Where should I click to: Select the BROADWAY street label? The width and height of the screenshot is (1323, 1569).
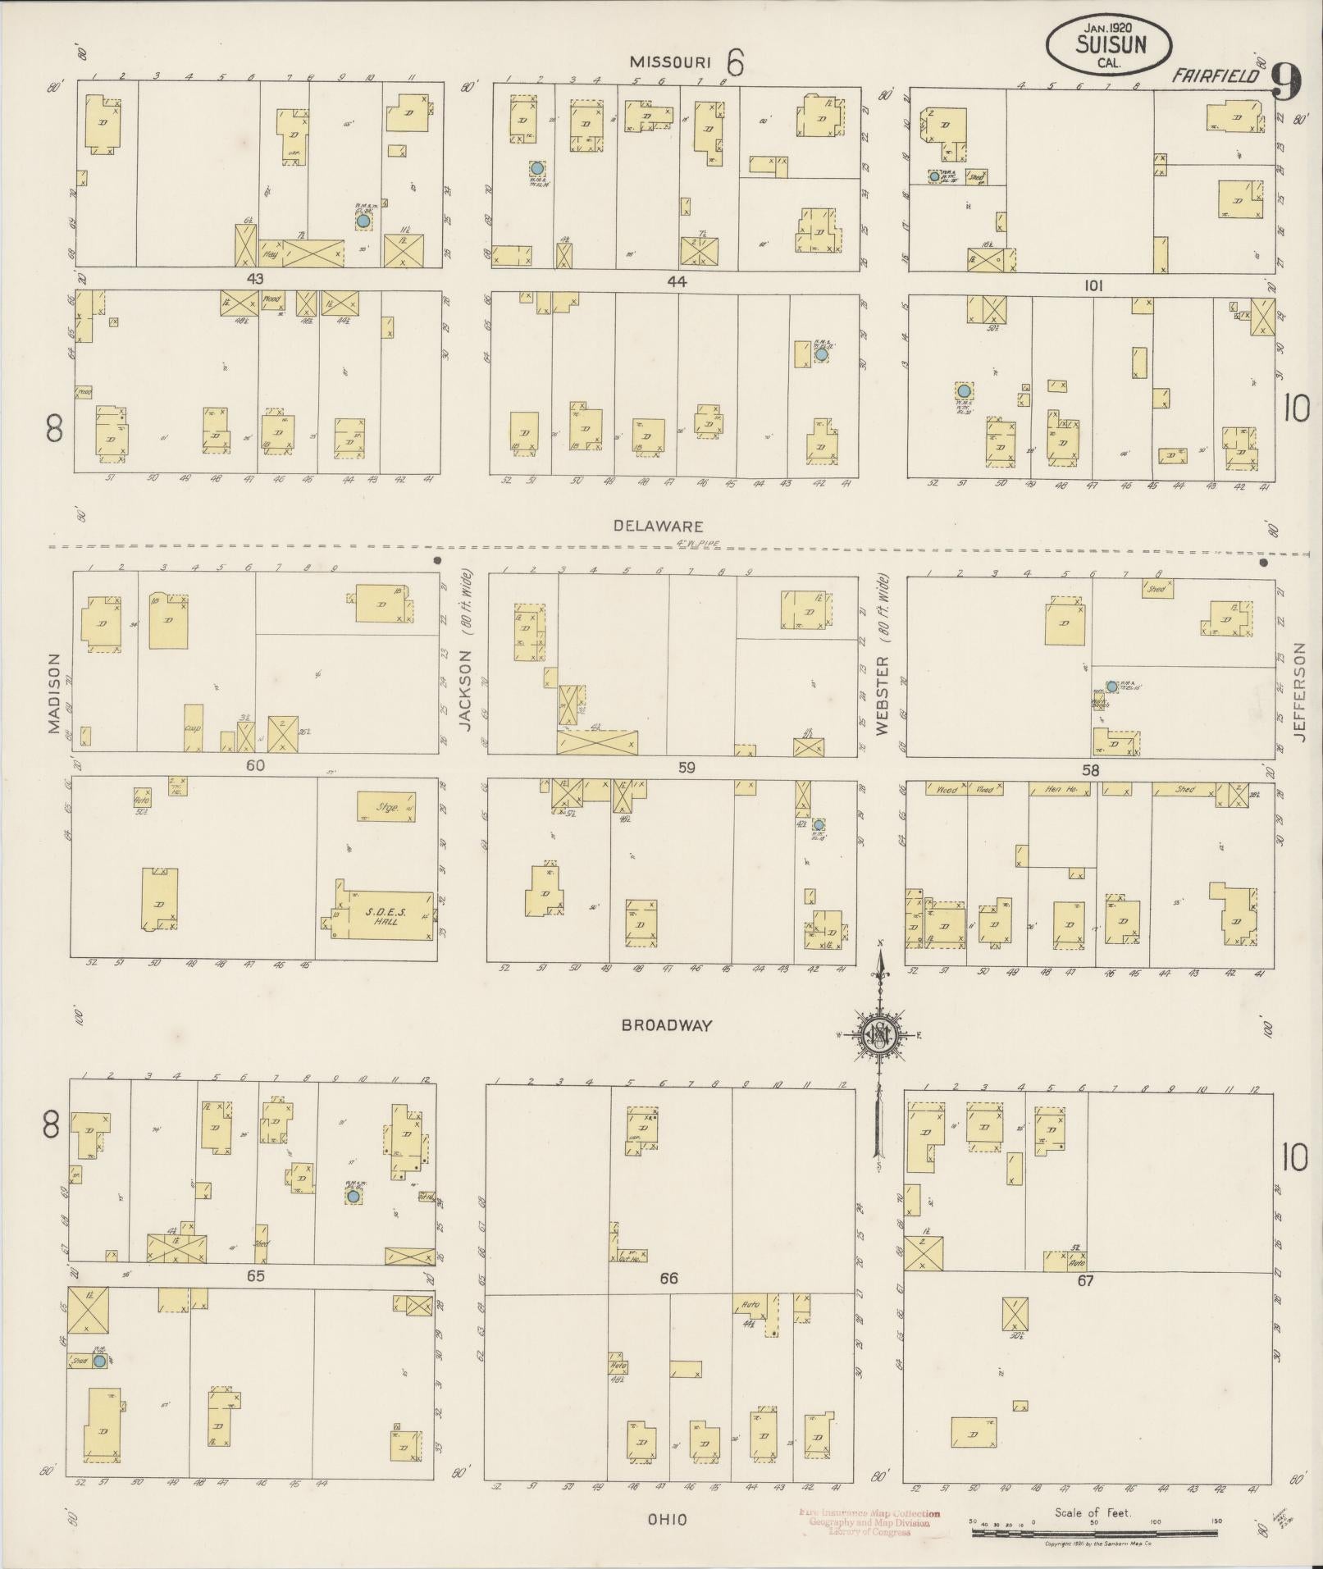pyautogui.click(x=666, y=1024)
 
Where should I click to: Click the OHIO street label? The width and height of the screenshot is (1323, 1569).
pyautogui.click(x=667, y=1520)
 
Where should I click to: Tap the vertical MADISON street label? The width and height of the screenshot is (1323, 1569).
pyautogui.click(x=54, y=693)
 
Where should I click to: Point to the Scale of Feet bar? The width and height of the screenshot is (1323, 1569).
pyautogui.click(x=1096, y=1522)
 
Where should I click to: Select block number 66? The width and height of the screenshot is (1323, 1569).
pyautogui.click(x=668, y=1279)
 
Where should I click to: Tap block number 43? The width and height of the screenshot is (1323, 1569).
pyautogui.click(x=255, y=279)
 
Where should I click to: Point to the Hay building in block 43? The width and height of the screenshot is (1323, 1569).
pyautogui.click(x=271, y=254)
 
